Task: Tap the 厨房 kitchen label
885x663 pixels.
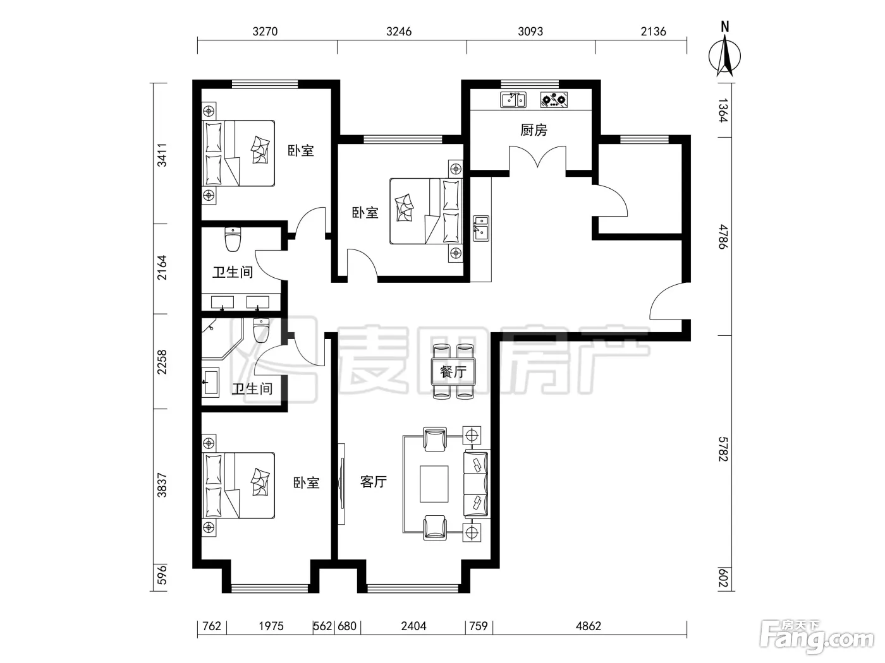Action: click(534, 130)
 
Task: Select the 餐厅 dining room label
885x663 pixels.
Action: click(453, 371)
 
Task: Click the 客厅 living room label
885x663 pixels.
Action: click(374, 481)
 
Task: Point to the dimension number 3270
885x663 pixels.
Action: click(265, 32)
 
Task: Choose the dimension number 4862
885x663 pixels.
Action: click(589, 626)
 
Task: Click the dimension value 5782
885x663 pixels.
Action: click(723, 449)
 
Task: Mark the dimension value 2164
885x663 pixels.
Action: click(162, 268)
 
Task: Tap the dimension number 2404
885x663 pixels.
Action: click(413, 626)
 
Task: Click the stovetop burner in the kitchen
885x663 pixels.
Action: click(554, 100)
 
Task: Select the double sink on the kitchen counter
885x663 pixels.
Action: click(513, 100)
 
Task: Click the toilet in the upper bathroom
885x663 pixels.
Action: click(233, 239)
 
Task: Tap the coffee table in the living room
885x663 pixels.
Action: click(434, 484)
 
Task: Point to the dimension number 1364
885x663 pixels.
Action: click(723, 110)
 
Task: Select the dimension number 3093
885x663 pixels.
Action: click(530, 32)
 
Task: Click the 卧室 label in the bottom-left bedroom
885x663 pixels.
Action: click(306, 482)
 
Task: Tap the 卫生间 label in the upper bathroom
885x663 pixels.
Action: click(233, 273)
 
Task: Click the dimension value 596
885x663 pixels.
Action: click(162, 575)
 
